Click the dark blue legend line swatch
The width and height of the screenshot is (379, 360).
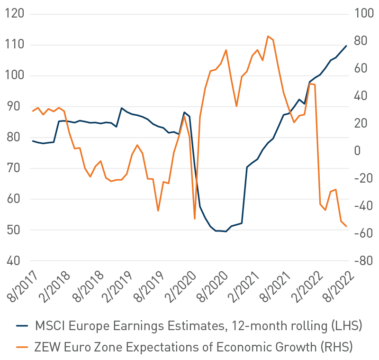22,326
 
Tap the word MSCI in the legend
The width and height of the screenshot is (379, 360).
49,326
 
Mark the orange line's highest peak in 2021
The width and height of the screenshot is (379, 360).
268,36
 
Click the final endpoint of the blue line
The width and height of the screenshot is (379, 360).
346,46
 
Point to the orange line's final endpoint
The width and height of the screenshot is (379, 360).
346,226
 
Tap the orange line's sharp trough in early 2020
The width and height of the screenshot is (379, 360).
195,219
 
